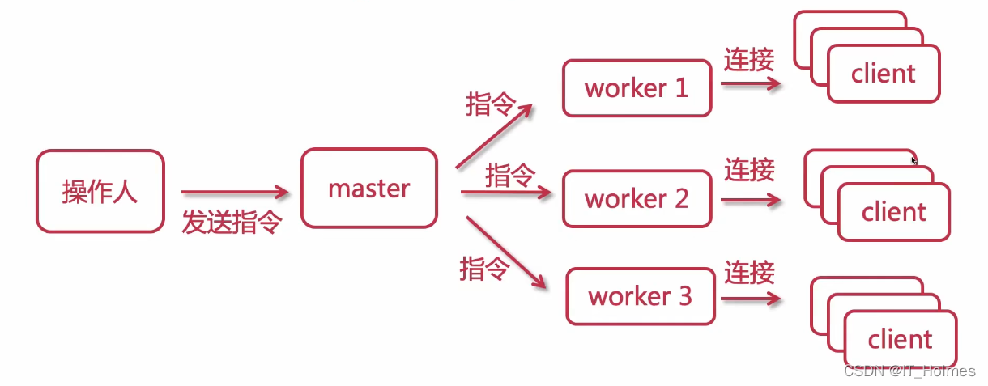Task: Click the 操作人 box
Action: pyautogui.click(x=100, y=191)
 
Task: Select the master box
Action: pyautogui.click(x=368, y=188)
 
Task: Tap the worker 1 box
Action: pyautogui.click(x=637, y=87)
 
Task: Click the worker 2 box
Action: pyautogui.click(x=637, y=197)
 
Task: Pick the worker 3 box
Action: pyautogui.click(x=641, y=296)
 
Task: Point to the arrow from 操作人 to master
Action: pyautogui.click(x=234, y=193)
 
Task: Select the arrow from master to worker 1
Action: pyautogui.click(x=494, y=137)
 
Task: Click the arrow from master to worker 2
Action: pyautogui.click(x=506, y=193)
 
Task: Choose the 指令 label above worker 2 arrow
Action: pyautogui.click(x=510, y=175)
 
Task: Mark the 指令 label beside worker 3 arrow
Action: pyautogui.click(x=484, y=269)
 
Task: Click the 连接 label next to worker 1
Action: pyautogui.click(x=749, y=60)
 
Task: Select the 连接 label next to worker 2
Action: pyautogui.click(x=749, y=170)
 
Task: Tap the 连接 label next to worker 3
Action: pyautogui.click(x=749, y=272)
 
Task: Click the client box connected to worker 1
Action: pyautogui.click(x=883, y=74)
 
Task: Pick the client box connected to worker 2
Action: pyautogui.click(x=893, y=212)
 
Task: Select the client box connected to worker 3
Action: pyautogui.click(x=900, y=339)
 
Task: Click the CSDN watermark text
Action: pyautogui.click(x=909, y=371)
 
